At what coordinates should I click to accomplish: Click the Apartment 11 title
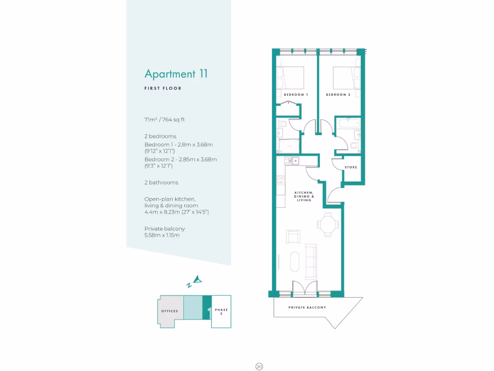(176, 74)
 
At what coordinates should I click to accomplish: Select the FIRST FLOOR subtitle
(163, 88)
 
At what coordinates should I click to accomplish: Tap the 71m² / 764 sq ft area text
(164, 119)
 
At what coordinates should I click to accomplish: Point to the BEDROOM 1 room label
(296, 95)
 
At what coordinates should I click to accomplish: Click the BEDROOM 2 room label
(338, 95)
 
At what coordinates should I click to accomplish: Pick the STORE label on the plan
(351, 167)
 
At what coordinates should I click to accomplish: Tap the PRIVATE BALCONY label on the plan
(307, 307)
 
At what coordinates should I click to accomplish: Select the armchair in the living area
(293, 237)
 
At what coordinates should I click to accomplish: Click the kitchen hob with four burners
(280, 182)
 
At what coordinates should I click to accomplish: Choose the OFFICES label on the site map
(169, 311)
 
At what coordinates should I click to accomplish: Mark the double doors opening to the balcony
(304, 288)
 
